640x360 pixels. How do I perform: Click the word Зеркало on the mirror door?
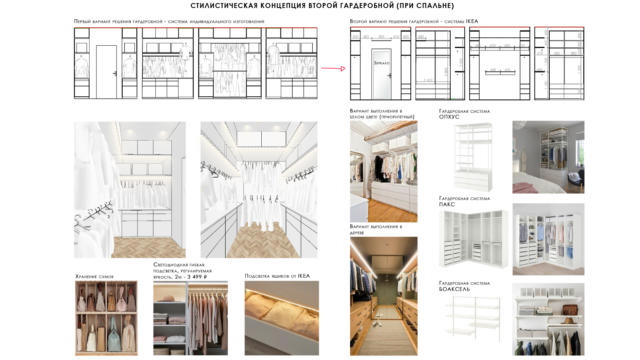(x=381, y=63)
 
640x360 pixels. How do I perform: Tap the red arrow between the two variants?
(x=333, y=69)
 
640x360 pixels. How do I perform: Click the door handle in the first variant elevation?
(x=115, y=74)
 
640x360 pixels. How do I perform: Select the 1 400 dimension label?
(x=429, y=80)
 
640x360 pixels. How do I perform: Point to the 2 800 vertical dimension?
(x=446, y=72)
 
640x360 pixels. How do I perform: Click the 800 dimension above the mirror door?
(x=381, y=37)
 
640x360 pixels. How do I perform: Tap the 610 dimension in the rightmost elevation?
(x=540, y=53)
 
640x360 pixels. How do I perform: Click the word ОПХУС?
(x=449, y=117)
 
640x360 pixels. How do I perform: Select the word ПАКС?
(x=447, y=205)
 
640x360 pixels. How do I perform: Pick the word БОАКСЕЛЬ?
(x=454, y=289)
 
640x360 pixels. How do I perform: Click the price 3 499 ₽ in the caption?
(x=197, y=277)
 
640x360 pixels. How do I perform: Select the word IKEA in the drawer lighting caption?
(x=304, y=276)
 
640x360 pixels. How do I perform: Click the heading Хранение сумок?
(x=94, y=277)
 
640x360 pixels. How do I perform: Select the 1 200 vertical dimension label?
(x=579, y=69)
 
